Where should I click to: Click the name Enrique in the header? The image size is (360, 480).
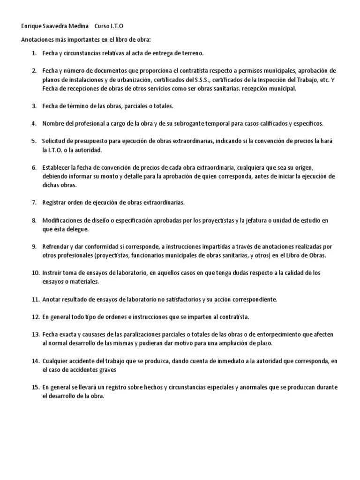click(x=31, y=26)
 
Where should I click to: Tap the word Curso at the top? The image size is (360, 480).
click(x=103, y=26)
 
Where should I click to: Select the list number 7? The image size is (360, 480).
click(x=34, y=202)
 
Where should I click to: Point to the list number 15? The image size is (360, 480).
click(x=36, y=387)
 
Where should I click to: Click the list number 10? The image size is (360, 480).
click(x=36, y=273)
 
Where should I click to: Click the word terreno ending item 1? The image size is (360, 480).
click(x=192, y=53)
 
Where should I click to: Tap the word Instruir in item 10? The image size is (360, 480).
click(x=52, y=273)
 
